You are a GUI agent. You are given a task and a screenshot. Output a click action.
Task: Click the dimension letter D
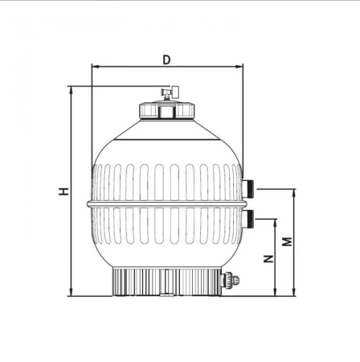pos(166,59)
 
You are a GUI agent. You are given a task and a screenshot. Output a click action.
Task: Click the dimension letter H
pos(63,191)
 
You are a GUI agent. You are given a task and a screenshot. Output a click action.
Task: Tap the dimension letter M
pos(286,241)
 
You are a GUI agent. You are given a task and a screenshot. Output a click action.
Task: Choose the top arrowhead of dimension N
pos(276,220)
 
